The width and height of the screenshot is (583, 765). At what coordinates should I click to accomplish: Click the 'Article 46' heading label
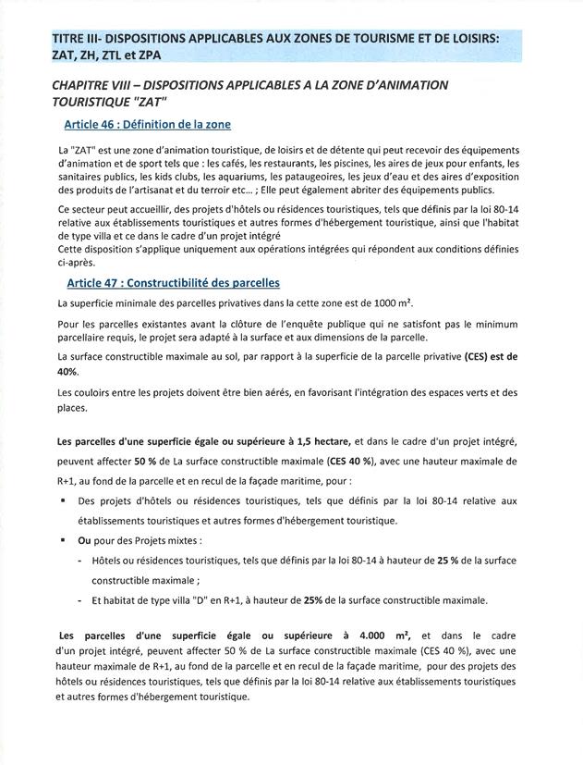[x=95, y=124]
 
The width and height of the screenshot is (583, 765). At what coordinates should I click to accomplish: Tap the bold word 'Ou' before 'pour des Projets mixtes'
[x=84, y=540]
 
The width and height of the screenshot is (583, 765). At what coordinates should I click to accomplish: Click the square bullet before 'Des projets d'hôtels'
[x=62, y=500]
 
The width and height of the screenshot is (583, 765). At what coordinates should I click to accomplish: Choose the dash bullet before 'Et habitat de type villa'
[x=81, y=599]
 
